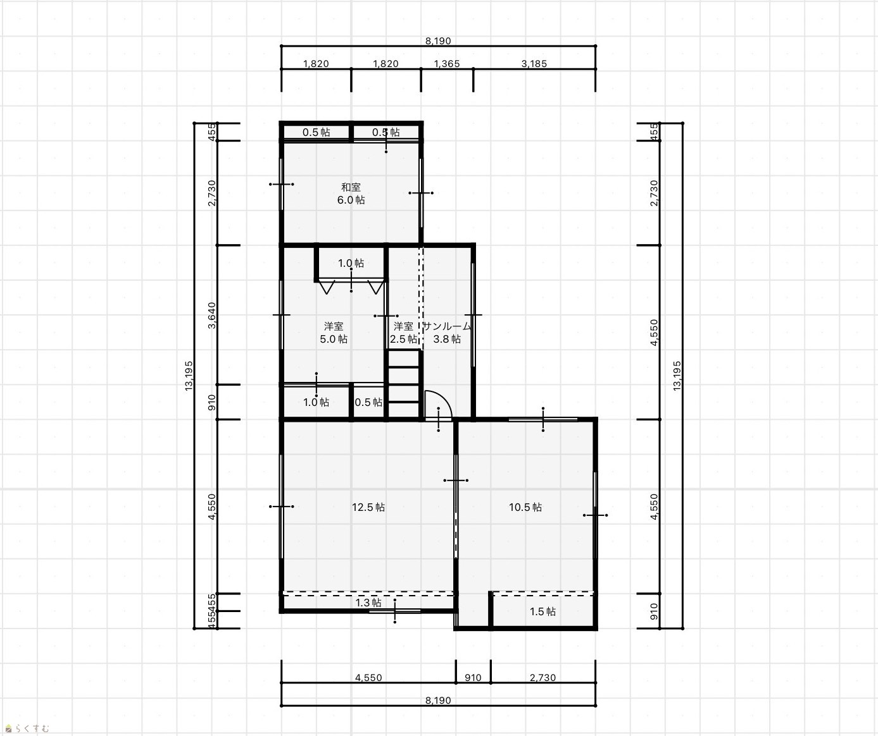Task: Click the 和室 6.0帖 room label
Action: pyautogui.click(x=351, y=193)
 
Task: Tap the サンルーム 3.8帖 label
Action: pyautogui.click(x=446, y=333)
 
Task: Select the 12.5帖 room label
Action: pyautogui.click(x=368, y=507)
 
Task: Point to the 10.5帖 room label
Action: pyautogui.click(x=525, y=507)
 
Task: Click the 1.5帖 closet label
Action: pyautogui.click(x=542, y=611)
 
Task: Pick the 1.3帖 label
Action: pyautogui.click(x=368, y=603)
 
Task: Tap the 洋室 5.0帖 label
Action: pyautogui.click(x=334, y=333)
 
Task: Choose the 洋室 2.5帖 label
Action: pyautogui.click(x=403, y=333)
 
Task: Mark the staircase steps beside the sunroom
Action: pyautogui.click(x=404, y=384)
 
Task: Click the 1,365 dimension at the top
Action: pyautogui.click(x=446, y=64)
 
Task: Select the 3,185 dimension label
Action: pyautogui.click(x=534, y=64)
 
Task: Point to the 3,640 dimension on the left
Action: pyautogui.click(x=212, y=315)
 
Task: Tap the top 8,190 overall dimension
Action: pyautogui.click(x=438, y=40)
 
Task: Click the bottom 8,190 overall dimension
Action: pyautogui.click(x=438, y=700)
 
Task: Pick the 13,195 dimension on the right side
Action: pyautogui.click(x=677, y=376)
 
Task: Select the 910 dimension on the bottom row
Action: pyautogui.click(x=473, y=677)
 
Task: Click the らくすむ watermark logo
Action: pyautogui.click(x=27, y=728)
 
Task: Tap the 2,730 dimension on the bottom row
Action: pyautogui.click(x=542, y=677)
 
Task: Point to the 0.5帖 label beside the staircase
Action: pyautogui.click(x=368, y=402)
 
